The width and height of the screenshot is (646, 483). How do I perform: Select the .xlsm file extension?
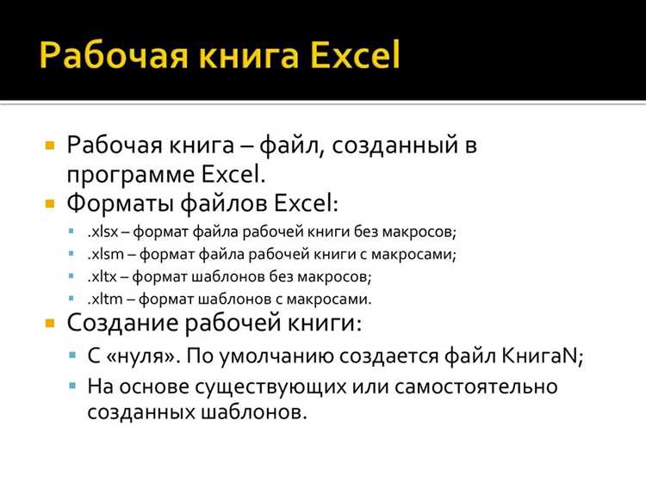[x=103, y=255]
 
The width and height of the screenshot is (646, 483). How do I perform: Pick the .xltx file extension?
[x=102, y=277]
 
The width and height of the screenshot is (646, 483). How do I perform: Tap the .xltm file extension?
[x=103, y=299]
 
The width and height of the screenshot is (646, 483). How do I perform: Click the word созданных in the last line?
[x=140, y=412]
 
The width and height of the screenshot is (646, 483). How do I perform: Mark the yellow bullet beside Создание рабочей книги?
[x=50, y=325]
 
